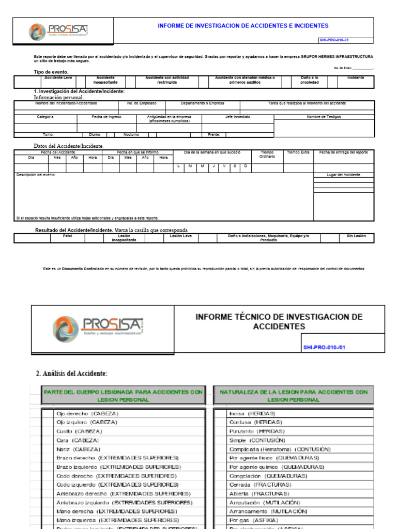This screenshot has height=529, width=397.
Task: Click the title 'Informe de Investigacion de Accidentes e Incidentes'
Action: (242, 26)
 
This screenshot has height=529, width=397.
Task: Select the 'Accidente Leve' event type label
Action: (58, 78)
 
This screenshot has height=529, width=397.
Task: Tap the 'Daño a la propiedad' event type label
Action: (310, 80)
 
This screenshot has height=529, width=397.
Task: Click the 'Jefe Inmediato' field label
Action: (237, 117)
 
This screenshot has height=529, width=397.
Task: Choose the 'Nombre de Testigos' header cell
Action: (324, 117)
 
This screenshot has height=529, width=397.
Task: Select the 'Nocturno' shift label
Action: (131, 134)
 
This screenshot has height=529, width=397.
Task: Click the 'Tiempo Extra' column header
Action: (298, 152)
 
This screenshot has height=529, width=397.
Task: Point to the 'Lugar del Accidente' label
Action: (343, 175)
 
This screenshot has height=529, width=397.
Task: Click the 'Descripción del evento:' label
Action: (36, 175)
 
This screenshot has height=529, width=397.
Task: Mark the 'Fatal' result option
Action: (68, 236)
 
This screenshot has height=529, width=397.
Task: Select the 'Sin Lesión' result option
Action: (356, 236)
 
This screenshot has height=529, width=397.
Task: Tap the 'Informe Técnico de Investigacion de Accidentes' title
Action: (279, 321)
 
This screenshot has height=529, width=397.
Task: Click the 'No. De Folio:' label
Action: (343, 68)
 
